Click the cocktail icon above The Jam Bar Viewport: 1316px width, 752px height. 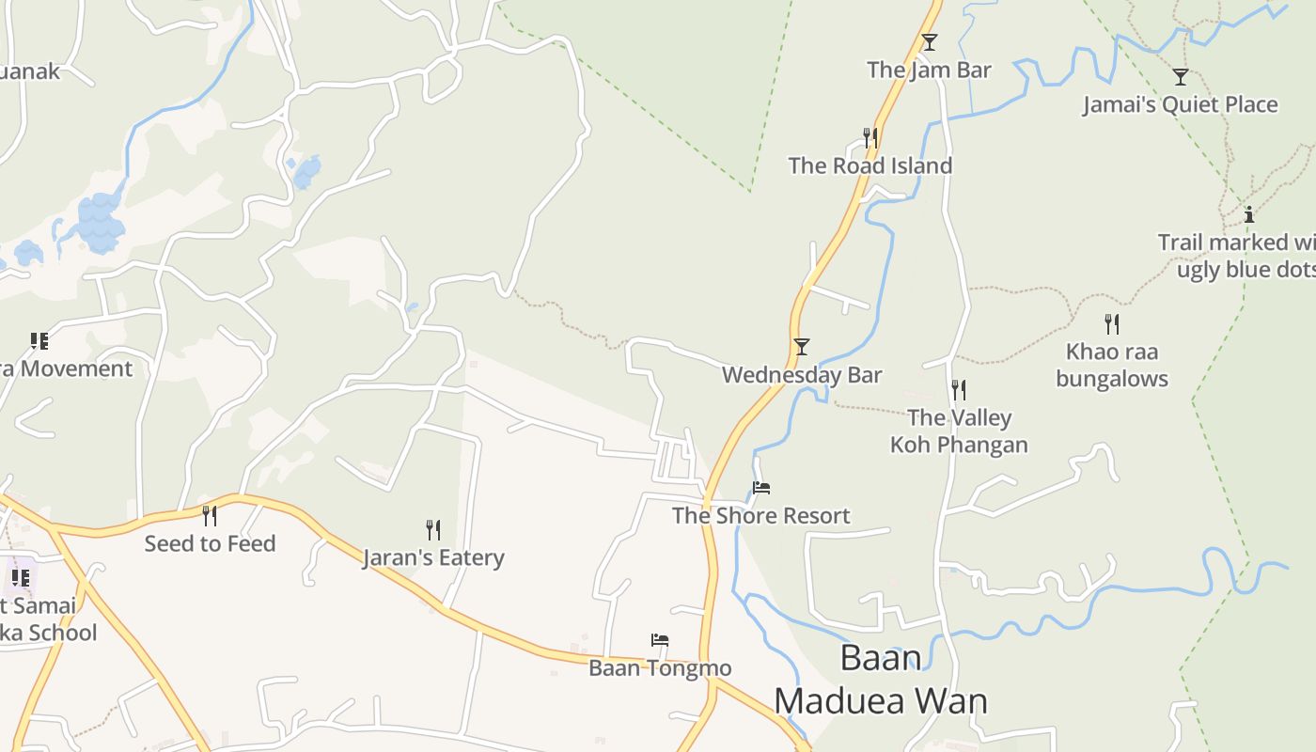coord(930,42)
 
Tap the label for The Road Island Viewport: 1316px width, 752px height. coord(869,165)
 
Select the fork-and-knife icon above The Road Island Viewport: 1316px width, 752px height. coord(869,138)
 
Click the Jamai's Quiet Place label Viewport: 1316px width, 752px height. coord(1180,104)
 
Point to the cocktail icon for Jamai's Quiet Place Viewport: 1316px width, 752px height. coord(1180,77)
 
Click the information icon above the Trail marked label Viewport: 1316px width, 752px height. coord(1249,214)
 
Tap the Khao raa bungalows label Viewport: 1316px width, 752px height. coord(1112,366)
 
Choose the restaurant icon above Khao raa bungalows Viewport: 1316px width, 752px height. coord(1112,324)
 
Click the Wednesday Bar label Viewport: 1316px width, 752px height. coord(802,375)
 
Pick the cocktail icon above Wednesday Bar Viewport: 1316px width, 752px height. coord(802,347)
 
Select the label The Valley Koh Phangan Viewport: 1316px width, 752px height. coord(959,431)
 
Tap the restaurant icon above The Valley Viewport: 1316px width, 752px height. coord(959,389)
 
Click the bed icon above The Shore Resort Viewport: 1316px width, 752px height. coord(761,488)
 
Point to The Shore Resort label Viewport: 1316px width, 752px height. coord(760,515)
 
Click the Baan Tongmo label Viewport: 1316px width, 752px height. coord(660,668)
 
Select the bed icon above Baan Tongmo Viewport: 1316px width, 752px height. coord(660,641)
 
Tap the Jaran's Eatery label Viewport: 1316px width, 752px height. coord(433,557)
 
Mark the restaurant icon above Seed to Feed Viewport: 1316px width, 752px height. coord(210,515)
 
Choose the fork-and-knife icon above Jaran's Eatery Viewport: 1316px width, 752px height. coord(433,530)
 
